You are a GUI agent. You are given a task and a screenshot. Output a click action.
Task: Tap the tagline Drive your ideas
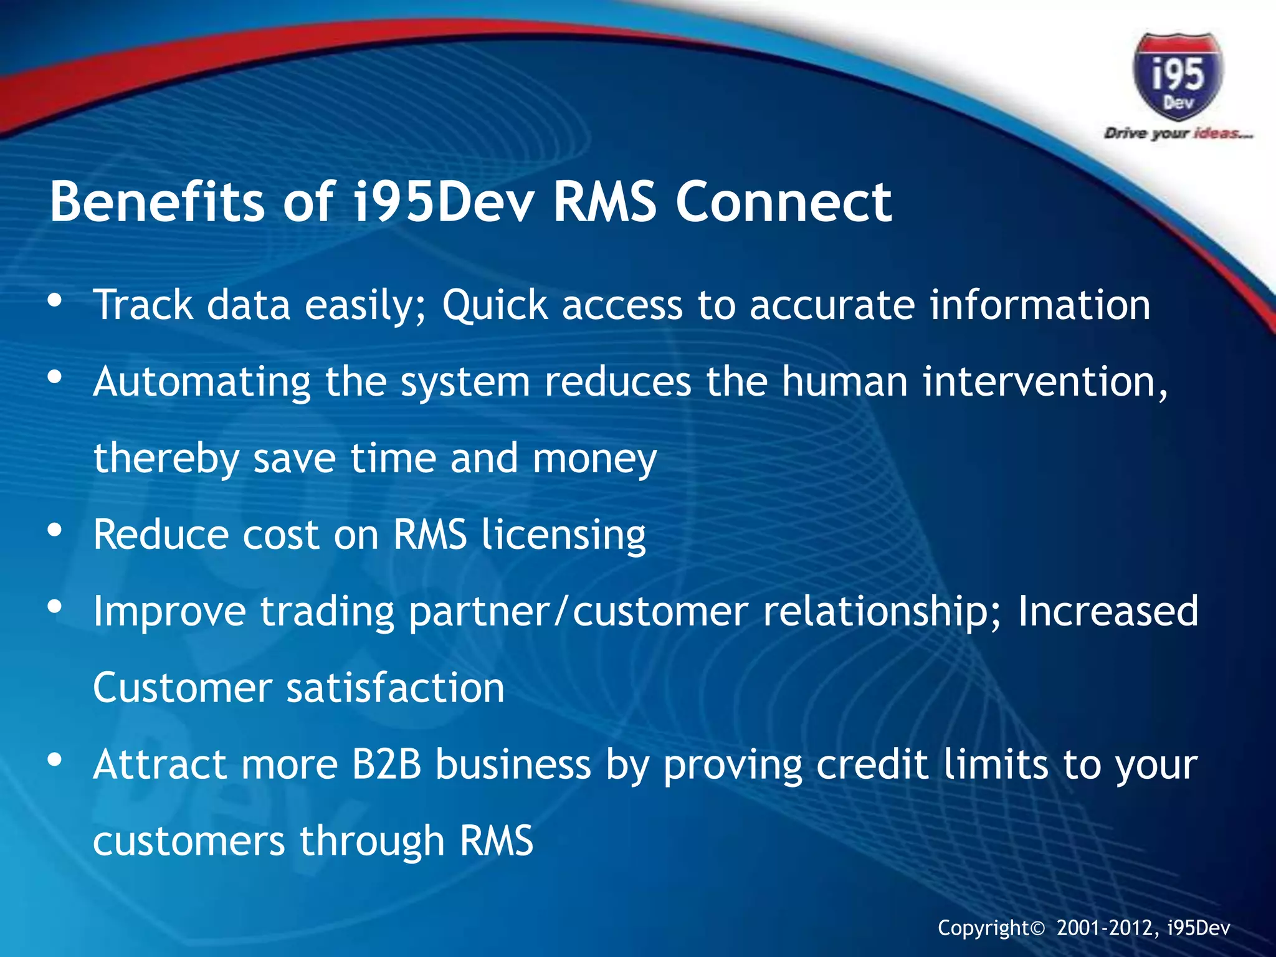(x=1178, y=133)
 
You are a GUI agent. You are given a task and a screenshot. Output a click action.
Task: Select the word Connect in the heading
(x=784, y=201)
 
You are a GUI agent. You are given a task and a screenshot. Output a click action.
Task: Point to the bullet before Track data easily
(x=55, y=301)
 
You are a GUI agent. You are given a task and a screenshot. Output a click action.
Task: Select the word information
(x=1039, y=305)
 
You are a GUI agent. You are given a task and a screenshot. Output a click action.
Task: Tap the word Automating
(x=202, y=382)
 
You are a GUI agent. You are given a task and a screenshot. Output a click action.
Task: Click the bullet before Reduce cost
(x=55, y=530)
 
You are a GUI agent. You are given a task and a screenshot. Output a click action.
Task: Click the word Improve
(x=169, y=612)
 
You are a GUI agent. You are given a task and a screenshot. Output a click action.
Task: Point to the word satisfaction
(x=395, y=688)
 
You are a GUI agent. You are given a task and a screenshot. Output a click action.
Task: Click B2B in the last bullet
(x=387, y=764)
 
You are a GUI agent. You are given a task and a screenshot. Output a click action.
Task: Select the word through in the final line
(x=372, y=841)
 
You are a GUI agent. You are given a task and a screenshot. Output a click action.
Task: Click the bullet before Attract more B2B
(x=55, y=760)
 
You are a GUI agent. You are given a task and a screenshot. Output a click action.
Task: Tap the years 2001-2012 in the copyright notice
(x=1107, y=928)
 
